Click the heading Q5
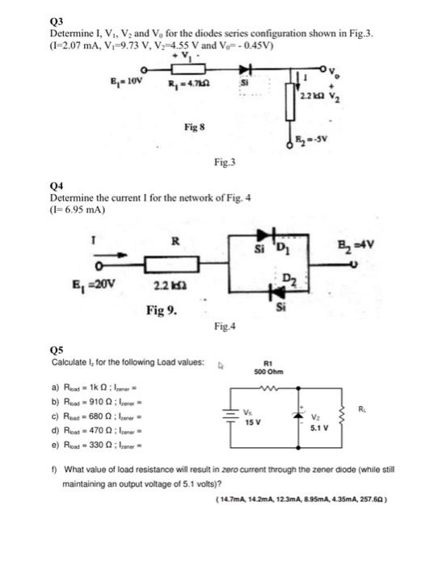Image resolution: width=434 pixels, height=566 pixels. pos(56,350)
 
